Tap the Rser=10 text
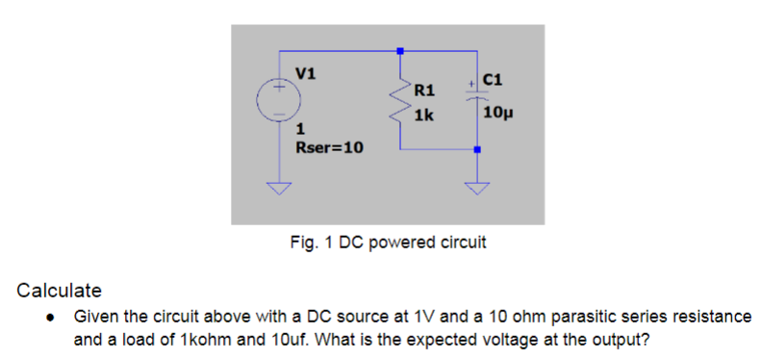click(327, 148)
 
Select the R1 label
click(424, 91)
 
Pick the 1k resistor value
click(423, 115)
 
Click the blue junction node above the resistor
click(400, 50)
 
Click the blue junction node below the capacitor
click(477, 149)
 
